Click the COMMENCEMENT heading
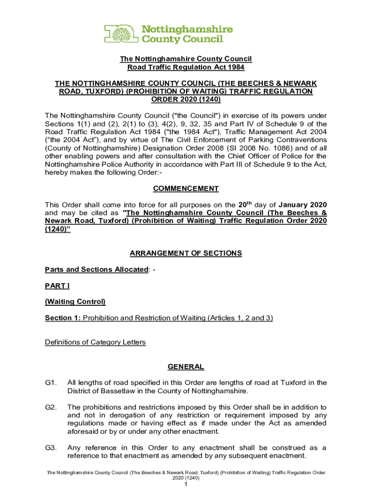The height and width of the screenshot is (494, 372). (x=186, y=189)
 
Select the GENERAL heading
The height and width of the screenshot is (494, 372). (x=186, y=367)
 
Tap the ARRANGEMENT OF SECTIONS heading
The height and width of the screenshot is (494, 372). (x=186, y=253)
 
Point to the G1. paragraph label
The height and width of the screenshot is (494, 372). (x=51, y=383)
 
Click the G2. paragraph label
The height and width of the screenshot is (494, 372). (x=51, y=408)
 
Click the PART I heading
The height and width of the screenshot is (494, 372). (x=57, y=286)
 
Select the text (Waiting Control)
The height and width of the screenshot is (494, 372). (x=75, y=302)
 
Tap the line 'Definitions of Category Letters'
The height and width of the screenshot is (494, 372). (x=95, y=343)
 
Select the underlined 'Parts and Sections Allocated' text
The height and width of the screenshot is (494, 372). (x=96, y=269)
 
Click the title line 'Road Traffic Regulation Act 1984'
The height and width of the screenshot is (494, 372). (x=186, y=68)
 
